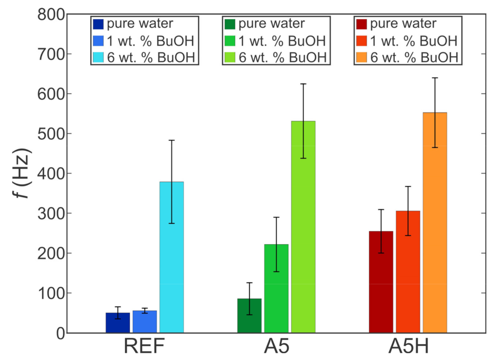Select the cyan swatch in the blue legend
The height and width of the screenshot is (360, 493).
[x=98, y=57]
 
